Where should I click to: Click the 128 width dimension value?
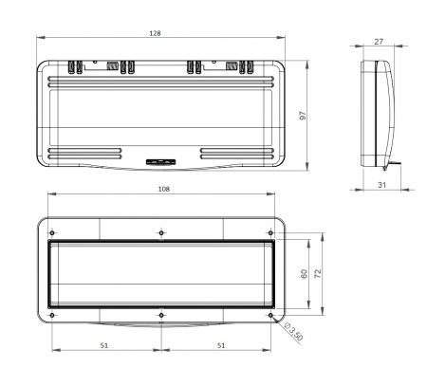[155, 33]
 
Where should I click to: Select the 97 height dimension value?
[303, 116]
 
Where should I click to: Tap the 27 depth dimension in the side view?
[379, 42]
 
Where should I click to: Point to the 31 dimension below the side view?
[382, 185]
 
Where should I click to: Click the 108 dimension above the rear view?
[164, 189]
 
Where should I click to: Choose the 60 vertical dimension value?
[304, 274]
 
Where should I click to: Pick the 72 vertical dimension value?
[318, 274]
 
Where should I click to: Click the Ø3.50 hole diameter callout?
[293, 332]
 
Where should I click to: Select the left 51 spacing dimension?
[104, 345]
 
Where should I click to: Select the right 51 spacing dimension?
[221, 345]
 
